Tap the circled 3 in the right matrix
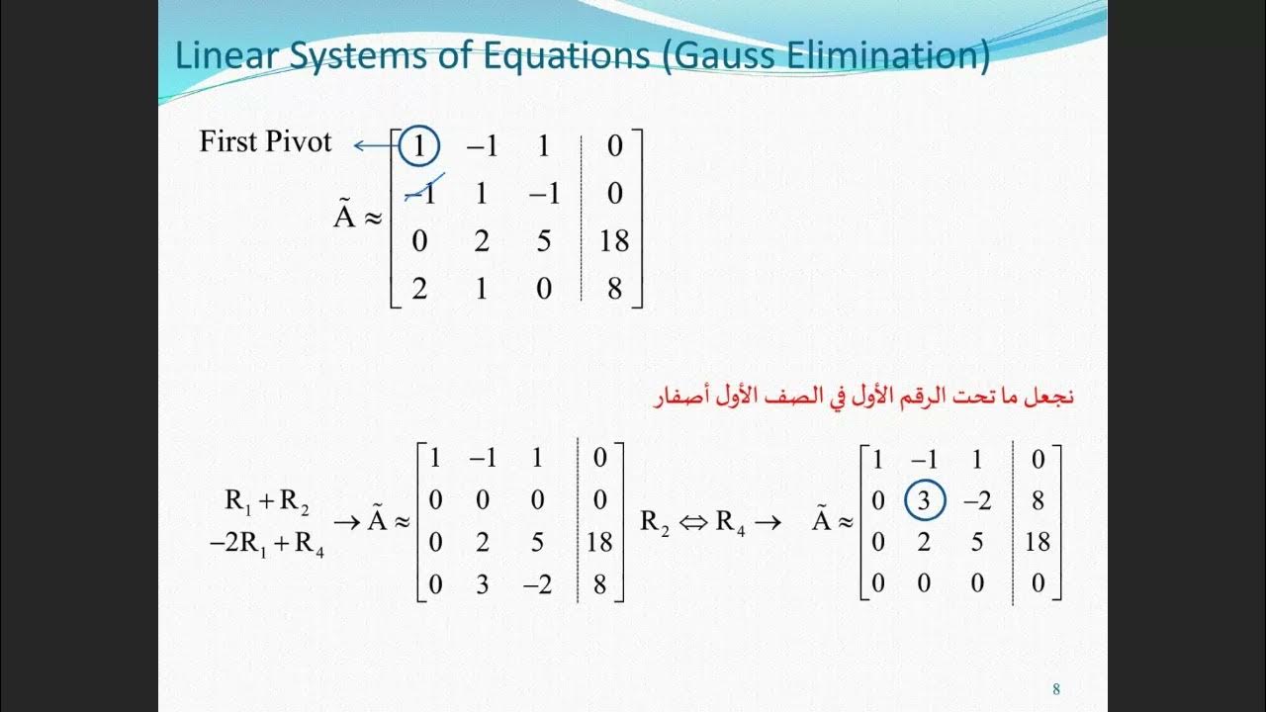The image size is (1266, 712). [x=924, y=501]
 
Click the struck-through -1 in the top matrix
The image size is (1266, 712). [x=422, y=194]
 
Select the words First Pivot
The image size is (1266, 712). [x=265, y=141]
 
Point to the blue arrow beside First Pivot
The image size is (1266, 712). [x=374, y=146]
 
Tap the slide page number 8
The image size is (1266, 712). [x=1056, y=689]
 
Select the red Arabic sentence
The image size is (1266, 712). [x=863, y=398]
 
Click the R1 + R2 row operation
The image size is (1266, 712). [x=267, y=501]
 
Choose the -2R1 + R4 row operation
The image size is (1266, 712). [x=267, y=544]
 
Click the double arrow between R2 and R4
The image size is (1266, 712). [x=691, y=522]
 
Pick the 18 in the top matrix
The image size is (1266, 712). [x=614, y=241]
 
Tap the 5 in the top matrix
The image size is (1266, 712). [x=543, y=241]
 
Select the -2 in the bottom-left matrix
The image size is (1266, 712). [x=537, y=584]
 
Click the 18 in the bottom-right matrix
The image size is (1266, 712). [x=1038, y=542]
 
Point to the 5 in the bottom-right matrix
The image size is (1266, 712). [x=977, y=542]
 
